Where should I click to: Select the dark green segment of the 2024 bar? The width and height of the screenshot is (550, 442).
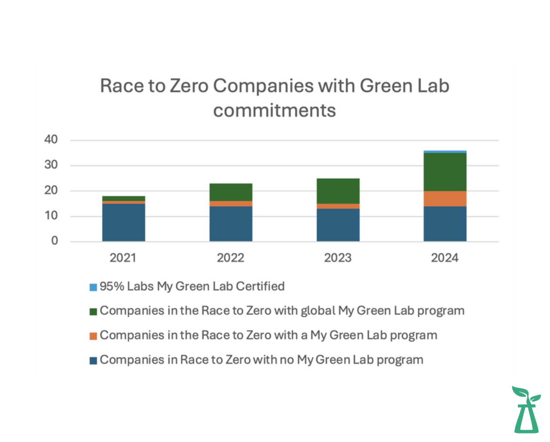pyautogui.click(x=445, y=172)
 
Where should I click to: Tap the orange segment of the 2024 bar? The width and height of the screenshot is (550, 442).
pyautogui.click(x=445, y=198)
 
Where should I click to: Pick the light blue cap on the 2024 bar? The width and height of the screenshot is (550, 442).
pyautogui.click(x=445, y=152)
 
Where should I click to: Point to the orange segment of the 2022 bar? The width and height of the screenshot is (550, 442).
pyautogui.click(x=231, y=204)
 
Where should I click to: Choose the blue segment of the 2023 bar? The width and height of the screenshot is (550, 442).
pyautogui.click(x=338, y=225)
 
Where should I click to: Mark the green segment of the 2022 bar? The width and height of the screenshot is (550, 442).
pyautogui.click(x=231, y=192)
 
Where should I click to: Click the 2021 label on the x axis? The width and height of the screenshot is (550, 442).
pyautogui.click(x=123, y=258)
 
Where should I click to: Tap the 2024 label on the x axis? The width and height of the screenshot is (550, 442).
pyautogui.click(x=445, y=258)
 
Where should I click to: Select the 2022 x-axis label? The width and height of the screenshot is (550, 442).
pyautogui.click(x=231, y=258)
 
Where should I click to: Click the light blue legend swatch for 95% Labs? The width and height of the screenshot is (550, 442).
pyautogui.click(x=93, y=286)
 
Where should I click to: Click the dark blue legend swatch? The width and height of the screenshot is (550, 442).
pyautogui.click(x=93, y=360)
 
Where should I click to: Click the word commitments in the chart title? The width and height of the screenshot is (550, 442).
pyautogui.click(x=275, y=110)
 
